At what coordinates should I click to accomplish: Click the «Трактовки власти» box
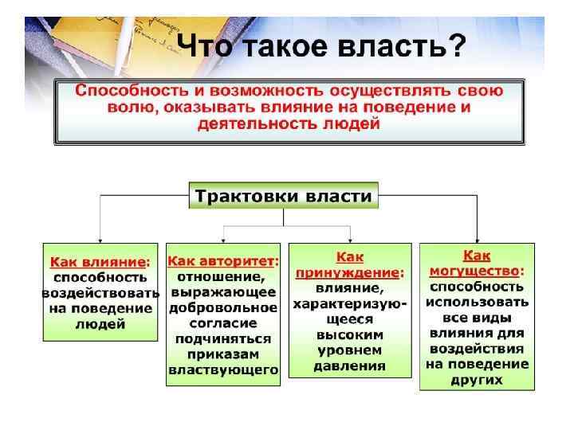284,195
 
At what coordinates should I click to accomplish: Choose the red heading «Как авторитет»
221,261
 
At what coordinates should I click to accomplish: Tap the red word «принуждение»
350,272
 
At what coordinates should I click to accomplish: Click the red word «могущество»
477,271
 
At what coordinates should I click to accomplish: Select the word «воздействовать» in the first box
100,292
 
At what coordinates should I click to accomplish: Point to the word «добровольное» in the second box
223,307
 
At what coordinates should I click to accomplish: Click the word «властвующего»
223,369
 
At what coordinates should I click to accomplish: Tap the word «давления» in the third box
350,366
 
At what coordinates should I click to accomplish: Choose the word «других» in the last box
477,380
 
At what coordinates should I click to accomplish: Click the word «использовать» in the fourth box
477,302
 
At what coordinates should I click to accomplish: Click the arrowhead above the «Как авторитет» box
224,238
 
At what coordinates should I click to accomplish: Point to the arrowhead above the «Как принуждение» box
351,238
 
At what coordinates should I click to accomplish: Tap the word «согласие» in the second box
223,322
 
